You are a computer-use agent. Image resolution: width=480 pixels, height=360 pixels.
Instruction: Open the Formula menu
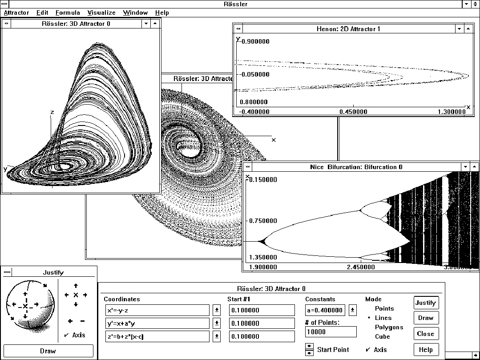pyautogui.click(x=68, y=13)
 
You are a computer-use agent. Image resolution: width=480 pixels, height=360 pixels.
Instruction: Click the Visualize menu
pyautogui.click(x=101, y=13)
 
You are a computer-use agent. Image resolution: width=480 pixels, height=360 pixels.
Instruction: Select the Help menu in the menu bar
pyautogui.click(x=162, y=13)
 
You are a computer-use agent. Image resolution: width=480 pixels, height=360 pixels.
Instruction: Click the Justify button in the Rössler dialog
pyautogui.click(x=426, y=303)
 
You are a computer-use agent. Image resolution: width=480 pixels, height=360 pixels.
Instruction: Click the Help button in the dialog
pyautogui.click(x=426, y=349)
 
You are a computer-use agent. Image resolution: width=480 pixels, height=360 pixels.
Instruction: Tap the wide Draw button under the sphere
pyautogui.click(x=48, y=351)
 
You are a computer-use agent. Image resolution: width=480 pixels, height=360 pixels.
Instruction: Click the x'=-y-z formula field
pyautogui.click(x=157, y=310)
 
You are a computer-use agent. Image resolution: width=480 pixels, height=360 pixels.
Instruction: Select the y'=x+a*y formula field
pyautogui.click(x=157, y=323)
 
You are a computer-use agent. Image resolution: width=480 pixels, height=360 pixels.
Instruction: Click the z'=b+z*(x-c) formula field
pyautogui.click(x=157, y=336)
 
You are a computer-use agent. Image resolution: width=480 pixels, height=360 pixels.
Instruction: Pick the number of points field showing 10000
pyautogui.click(x=331, y=332)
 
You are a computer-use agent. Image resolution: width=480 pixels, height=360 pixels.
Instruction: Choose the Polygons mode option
pyautogui.click(x=389, y=328)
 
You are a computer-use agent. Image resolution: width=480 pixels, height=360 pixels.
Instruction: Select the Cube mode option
pyautogui.click(x=382, y=337)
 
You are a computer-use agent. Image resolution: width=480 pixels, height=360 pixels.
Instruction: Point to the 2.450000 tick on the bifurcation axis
pyautogui.click(x=360, y=267)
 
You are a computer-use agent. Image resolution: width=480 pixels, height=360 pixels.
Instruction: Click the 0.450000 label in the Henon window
pyautogui.click(x=353, y=112)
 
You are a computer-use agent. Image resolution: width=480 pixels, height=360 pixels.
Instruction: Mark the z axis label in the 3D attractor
pyautogui.click(x=52, y=112)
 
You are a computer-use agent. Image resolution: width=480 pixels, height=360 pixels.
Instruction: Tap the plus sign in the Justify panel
pyautogui.click(x=70, y=321)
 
